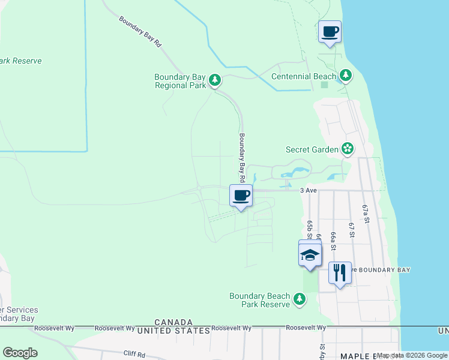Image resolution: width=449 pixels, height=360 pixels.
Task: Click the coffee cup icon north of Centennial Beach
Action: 330,32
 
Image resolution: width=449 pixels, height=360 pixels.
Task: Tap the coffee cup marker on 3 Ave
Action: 241,196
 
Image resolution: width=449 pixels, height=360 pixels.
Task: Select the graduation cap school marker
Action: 310,255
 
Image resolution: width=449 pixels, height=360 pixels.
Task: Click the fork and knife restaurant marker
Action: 340,272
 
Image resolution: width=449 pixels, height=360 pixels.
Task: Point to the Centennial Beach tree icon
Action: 345,76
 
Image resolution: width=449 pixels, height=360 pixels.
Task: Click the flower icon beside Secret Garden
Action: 346,148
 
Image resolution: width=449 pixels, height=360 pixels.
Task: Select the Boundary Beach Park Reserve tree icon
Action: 299,299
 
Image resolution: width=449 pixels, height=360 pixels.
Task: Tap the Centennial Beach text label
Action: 304,76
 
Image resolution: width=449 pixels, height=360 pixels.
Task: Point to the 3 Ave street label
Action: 308,190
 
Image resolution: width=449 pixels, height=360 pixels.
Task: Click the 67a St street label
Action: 364,214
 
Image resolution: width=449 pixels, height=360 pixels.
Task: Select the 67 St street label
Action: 352,229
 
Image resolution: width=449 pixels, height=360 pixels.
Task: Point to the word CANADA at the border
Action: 173,322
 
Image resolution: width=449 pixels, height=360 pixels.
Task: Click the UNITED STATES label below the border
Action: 173,331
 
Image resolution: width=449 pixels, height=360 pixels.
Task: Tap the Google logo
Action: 20,352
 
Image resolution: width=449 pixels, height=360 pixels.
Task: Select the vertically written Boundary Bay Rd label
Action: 242,157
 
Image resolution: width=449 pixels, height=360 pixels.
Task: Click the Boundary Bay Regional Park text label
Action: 180,81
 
